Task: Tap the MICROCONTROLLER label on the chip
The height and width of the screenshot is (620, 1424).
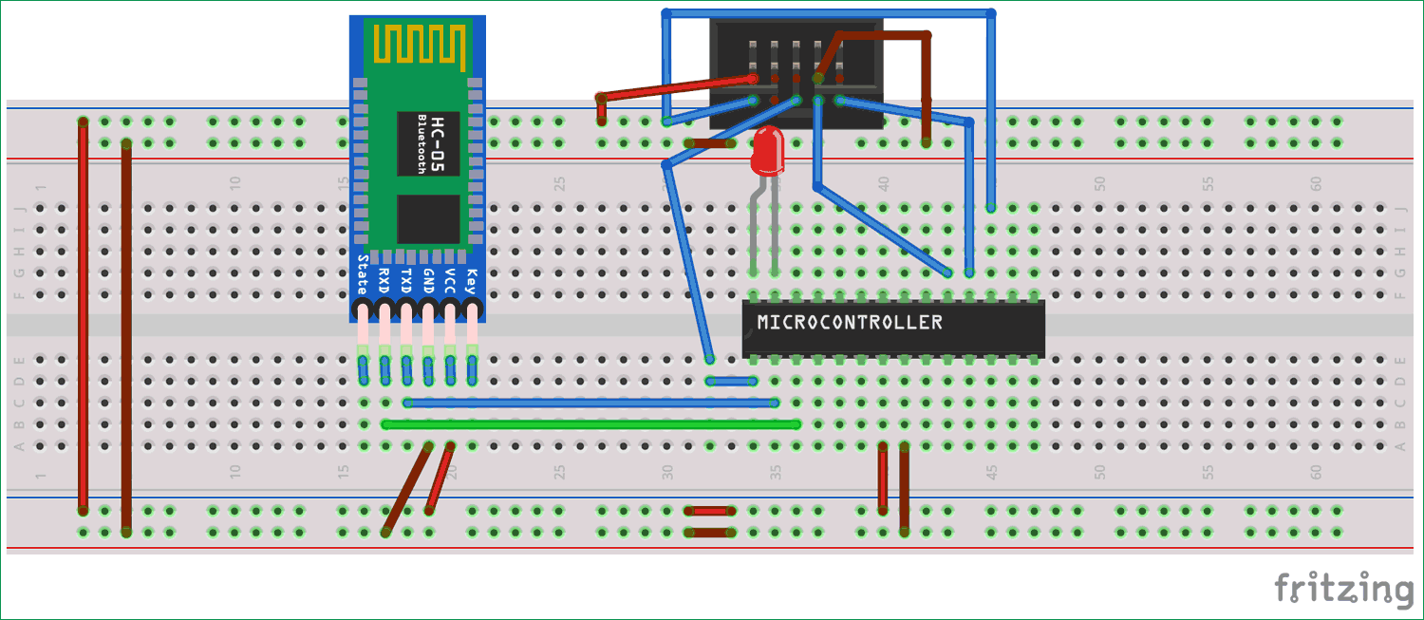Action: [x=850, y=323]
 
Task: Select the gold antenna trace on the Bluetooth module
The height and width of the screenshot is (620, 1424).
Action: [x=420, y=44]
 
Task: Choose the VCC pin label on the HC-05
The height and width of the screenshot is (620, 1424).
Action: [x=450, y=277]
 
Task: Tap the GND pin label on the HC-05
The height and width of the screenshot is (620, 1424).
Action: [x=428, y=277]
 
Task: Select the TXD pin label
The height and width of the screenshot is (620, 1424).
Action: [x=406, y=277]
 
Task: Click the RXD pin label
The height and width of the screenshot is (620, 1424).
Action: [x=384, y=277]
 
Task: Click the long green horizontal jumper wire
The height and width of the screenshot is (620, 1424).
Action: [x=589, y=424]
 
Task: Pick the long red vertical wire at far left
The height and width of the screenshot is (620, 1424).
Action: [x=84, y=313]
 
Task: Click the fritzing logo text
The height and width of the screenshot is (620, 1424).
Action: [x=1343, y=589]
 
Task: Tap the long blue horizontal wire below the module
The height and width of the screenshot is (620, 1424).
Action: [x=589, y=403]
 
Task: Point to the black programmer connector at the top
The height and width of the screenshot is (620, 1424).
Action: [x=796, y=57]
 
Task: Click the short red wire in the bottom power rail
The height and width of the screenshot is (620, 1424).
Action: [x=711, y=511]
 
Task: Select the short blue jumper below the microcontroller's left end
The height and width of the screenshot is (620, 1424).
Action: [x=731, y=381]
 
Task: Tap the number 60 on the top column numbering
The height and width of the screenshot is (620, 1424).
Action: [x=1316, y=183]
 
